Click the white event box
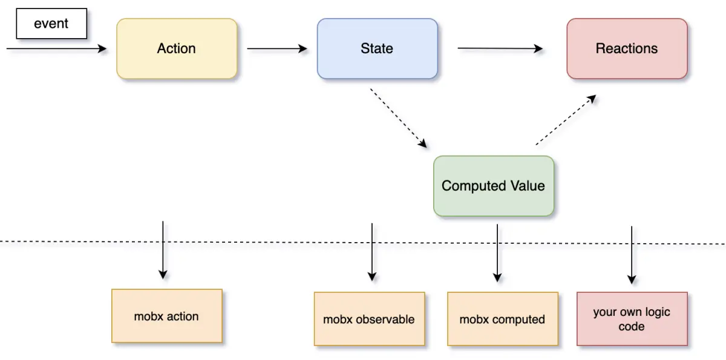click(x=51, y=24)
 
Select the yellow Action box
click(x=177, y=48)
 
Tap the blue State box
click(x=377, y=48)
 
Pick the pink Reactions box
click(x=627, y=48)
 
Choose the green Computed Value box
click(x=494, y=186)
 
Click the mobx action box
click(x=167, y=316)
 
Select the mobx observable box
click(x=369, y=319)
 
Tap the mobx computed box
click(x=502, y=319)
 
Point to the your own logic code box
click(x=632, y=319)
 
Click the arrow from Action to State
click(x=277, y=49)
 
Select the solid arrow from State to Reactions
click(x=500, y=48)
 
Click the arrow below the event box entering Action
click(x=57, y=50)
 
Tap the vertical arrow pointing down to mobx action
click(x=163, y=249)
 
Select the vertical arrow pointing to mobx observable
click(x=371, y=252)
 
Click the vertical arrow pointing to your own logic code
click(x=632, y=255)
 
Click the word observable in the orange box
click(x=385, y=319)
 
